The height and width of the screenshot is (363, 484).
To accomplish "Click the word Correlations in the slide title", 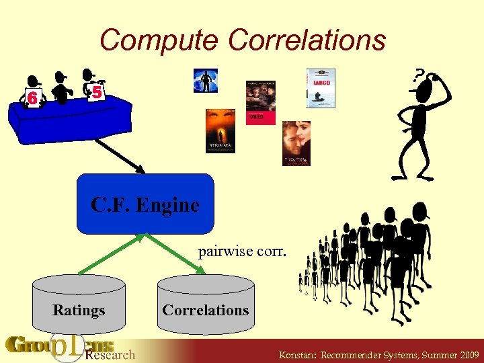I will point(307,40).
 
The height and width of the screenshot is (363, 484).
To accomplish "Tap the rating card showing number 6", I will point(32,98).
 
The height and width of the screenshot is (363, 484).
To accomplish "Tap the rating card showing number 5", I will point(97,92).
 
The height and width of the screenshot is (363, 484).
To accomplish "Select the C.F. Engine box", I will point(145,204).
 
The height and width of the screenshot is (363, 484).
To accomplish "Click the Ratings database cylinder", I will point(79,307).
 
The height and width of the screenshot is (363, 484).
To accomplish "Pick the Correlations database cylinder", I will point(206,307).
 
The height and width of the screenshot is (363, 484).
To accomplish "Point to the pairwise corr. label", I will point(241,251).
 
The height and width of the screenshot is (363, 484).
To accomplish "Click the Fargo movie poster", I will point(321,88).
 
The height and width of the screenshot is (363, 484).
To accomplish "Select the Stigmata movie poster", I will point(220,130).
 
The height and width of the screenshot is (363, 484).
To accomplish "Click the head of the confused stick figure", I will point(424,95).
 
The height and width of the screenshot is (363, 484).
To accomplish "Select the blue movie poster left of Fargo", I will point(205,81).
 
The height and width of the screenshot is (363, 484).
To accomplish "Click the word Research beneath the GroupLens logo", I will point(110,354).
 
